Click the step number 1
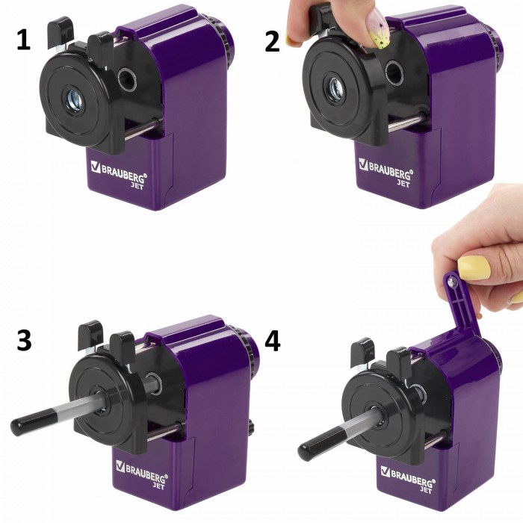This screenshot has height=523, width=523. [23, 40]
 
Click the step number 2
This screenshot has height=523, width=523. [272, 41]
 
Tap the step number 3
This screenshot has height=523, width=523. [24, 340]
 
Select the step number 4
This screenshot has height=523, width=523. [273, 341]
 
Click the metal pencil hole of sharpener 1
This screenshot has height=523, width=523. [74, 100]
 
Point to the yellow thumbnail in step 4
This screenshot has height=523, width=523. [474, 267]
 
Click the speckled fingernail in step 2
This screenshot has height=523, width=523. [378, 28]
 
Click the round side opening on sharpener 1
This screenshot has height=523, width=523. [127, 79]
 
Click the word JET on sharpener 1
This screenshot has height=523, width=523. [137, 186]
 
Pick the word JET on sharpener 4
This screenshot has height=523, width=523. [425, 489]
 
